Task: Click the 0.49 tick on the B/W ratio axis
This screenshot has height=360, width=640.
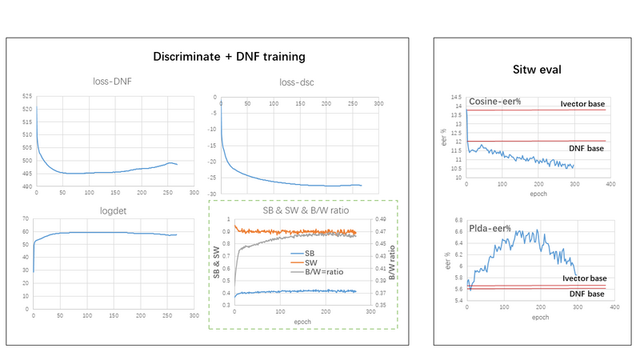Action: pos(381,219)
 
